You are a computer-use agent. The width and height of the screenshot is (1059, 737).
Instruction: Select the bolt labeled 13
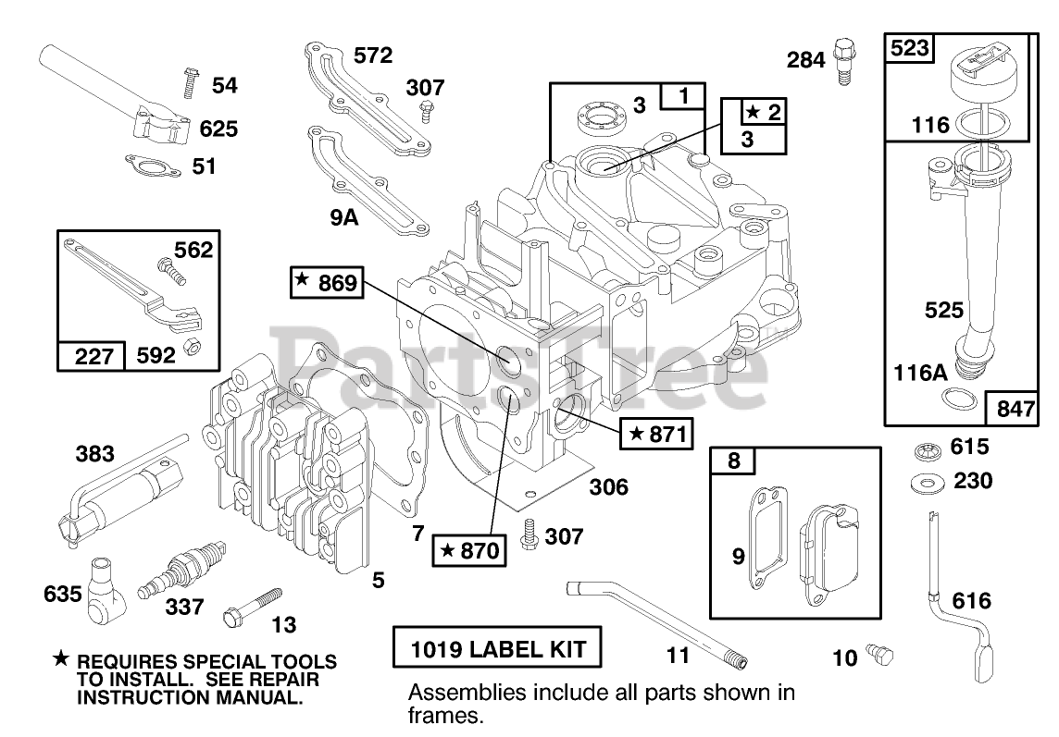(x=252, y=606)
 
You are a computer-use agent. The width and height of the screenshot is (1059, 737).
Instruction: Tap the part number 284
(x=805, y=60)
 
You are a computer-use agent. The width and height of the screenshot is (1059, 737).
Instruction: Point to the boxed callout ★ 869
(x=327, y=282)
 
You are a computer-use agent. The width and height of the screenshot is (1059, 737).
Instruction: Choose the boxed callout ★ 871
(x=656, y=434)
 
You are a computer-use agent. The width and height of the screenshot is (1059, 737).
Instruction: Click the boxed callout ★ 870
(x=469, y=551)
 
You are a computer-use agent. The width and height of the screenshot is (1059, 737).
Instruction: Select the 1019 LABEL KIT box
(x=497, y=648)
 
